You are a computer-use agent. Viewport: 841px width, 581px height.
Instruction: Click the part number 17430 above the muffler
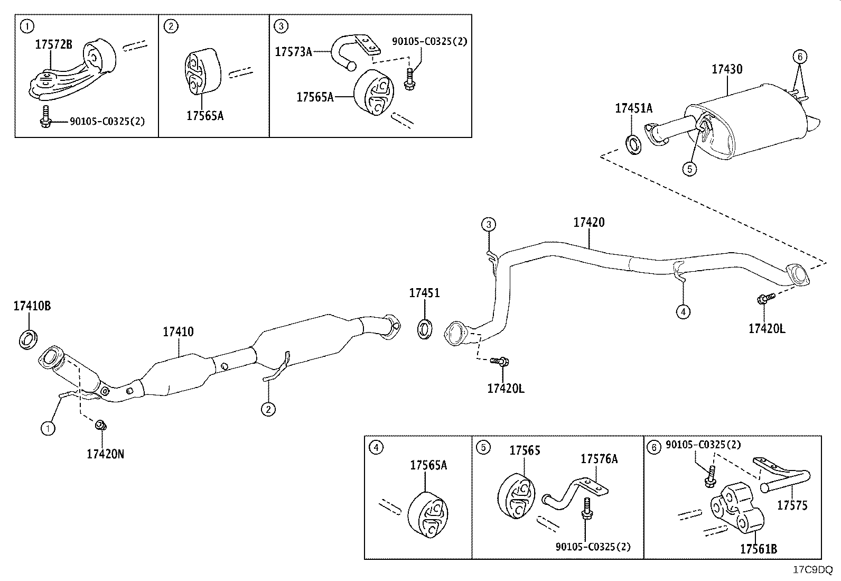[727, 69]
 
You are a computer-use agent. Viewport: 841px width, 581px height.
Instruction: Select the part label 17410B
[32, 306]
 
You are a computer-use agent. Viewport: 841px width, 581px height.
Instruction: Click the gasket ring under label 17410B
[28, 339]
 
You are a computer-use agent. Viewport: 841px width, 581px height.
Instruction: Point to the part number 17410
[178, 332]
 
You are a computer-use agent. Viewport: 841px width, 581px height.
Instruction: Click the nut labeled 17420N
[100, 426]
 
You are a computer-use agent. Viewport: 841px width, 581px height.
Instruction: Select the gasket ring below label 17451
[425, 329]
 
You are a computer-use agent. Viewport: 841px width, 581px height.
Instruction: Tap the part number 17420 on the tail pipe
[588, 223]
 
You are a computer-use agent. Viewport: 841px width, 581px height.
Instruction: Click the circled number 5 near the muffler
[689, 169]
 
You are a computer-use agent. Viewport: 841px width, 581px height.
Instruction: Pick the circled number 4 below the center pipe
[683, 311]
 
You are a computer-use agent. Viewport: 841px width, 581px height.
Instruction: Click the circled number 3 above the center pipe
[489, 225]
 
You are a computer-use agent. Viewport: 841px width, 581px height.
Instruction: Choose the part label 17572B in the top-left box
[54, 44]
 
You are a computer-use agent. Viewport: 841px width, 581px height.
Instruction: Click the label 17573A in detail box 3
[293, 52]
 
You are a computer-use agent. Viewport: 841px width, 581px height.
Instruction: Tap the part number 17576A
[599, 459]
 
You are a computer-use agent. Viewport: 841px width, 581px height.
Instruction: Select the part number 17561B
[759, 549]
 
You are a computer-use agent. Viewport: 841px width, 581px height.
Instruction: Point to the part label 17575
[792, 505]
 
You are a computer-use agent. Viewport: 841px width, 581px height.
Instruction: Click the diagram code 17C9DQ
[812, 570]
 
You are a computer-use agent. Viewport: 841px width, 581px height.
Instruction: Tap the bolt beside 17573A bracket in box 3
[409, 79]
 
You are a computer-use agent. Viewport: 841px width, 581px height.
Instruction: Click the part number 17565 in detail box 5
[525, 450]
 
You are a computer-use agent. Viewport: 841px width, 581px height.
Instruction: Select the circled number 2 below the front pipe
[268, 409]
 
